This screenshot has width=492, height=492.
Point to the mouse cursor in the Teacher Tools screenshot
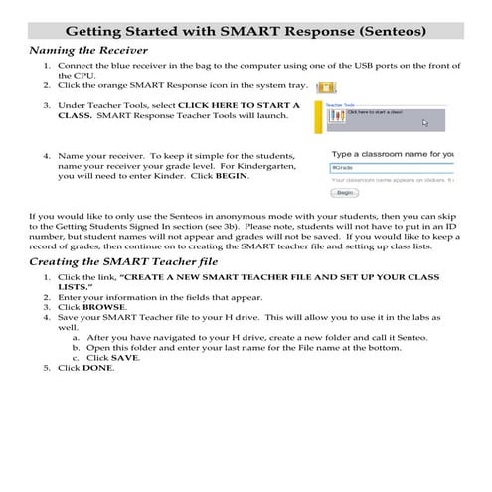tap(425, 123)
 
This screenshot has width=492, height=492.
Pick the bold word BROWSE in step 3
tap(103, 307)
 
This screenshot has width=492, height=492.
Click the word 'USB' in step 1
tap(348, 65)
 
